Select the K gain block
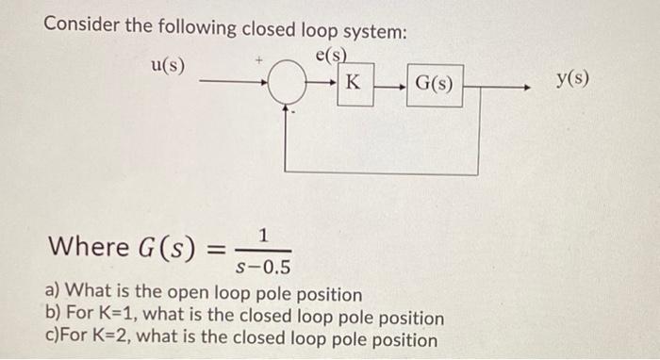click(351, 83)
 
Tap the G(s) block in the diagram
click(434, 85)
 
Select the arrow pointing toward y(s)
click(519, 86)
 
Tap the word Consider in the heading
click(85, 30)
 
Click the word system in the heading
click(372, 30)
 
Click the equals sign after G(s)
click(215, 249)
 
